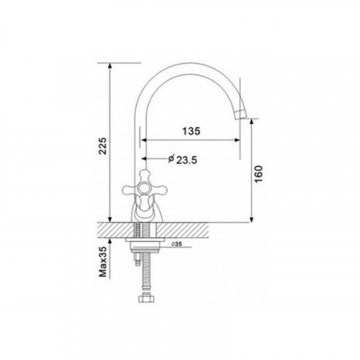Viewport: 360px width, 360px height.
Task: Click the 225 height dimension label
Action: pyautogui.click(x=103, y=145)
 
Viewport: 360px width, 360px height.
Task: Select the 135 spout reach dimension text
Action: pyautogui.click(x=191, y=131)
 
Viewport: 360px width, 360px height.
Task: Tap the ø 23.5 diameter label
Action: pyautogui.click(x=182, y=159)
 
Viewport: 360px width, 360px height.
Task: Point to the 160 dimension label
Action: pyautogui.click(x=258, y=174)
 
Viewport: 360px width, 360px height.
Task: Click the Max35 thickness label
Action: pyautogui.click(x=103, y=261)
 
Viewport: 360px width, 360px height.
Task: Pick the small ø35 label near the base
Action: pyautogui.click(x=176, y=244)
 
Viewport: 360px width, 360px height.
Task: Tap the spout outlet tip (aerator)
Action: pyautogui.click(x=240, y=114)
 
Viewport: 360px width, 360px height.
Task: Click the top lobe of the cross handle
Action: pyautogui.click(x=145, y=176)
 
